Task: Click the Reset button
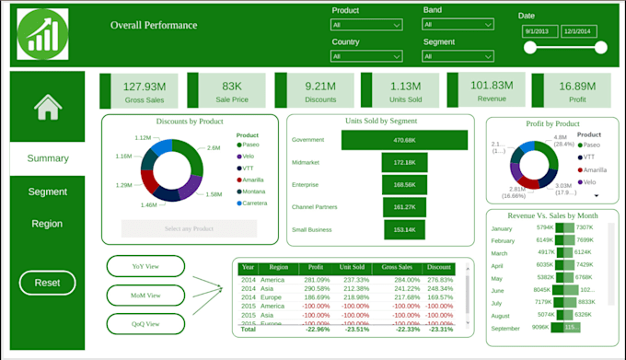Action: coord(47,283)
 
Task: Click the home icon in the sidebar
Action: coord(47,109)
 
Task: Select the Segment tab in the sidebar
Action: coord(47,192)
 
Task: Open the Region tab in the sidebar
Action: coord(47,224)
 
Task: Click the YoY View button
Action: coord(145,266)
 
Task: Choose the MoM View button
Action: coord(145,296)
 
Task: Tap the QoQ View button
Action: coord(145,323)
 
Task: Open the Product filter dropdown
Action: coord(365,26)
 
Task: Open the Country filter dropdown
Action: coord(365,57)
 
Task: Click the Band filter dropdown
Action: coord(458,26)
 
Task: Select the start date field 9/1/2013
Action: coord(537,30)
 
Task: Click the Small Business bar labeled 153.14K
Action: coord(404,229)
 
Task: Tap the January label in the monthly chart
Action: coord(502,227)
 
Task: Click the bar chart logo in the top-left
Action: coord(42,33)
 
